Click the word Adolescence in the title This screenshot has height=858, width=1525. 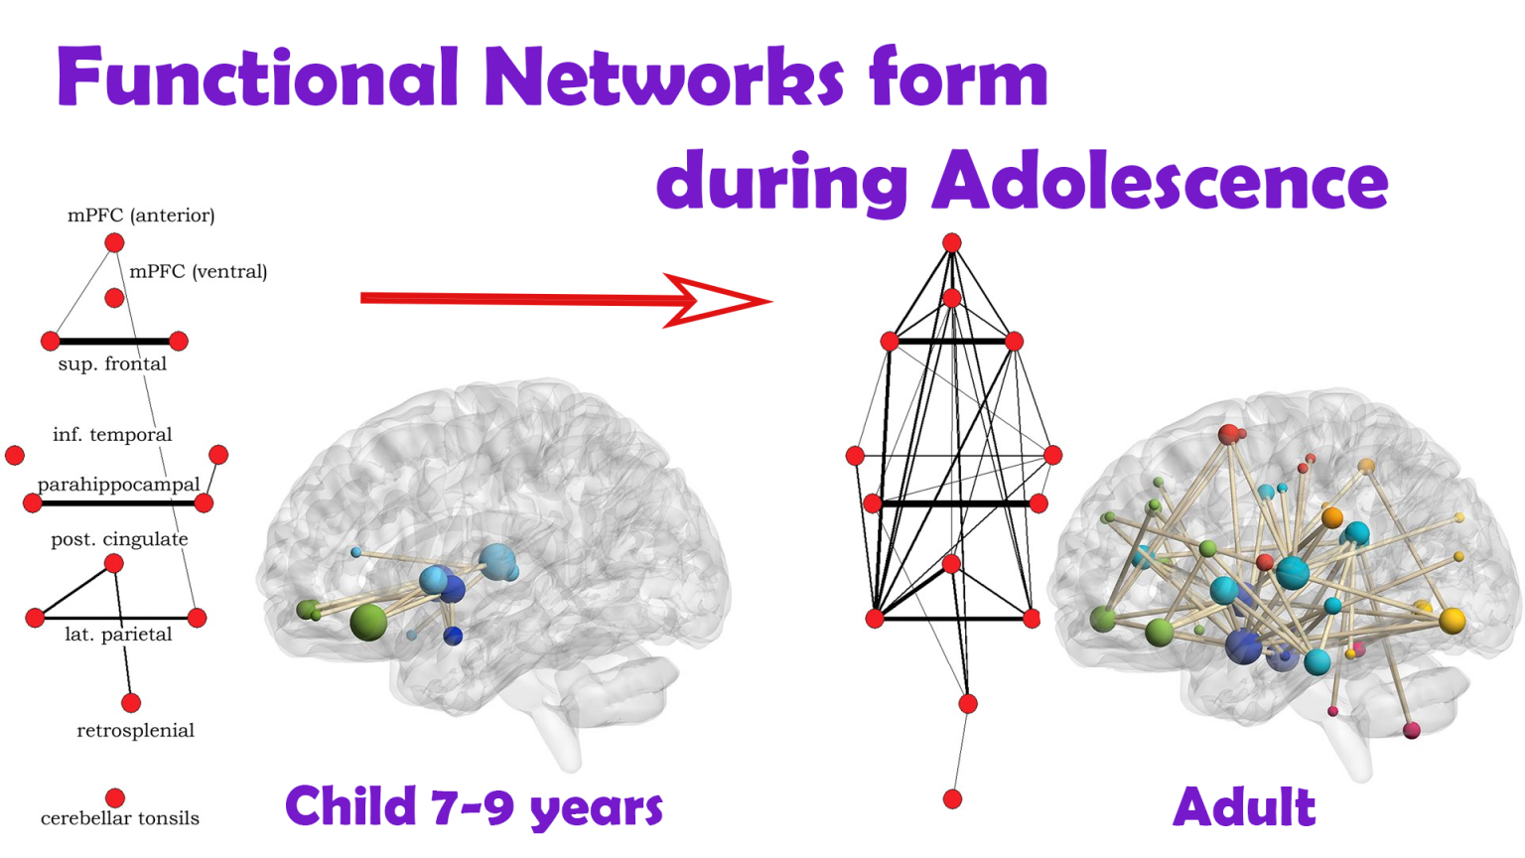click(1160, 182)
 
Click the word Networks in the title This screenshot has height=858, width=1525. click(664, 78)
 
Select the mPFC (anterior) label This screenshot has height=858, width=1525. click(141, 215)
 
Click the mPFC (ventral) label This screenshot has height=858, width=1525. click(199, 271)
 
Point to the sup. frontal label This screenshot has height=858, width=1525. click(112, 363)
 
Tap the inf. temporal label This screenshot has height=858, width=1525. click(112, 434)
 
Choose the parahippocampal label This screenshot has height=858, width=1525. click(118, 484)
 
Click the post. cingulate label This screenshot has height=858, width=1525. click(119, 539)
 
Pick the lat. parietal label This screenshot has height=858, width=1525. click(118, 635)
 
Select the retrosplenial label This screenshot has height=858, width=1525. click(135, 731)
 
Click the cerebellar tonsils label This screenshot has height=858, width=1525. click(120, 818)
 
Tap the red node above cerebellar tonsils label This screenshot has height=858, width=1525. click(115, 797)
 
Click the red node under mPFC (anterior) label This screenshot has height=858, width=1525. click(114, 242)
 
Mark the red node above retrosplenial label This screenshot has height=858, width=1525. click(131, 703)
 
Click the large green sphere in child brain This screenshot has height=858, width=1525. click(368, 622)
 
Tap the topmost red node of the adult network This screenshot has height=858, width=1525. click(951, 242)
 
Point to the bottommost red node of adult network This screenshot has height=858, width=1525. click(952, 798)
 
